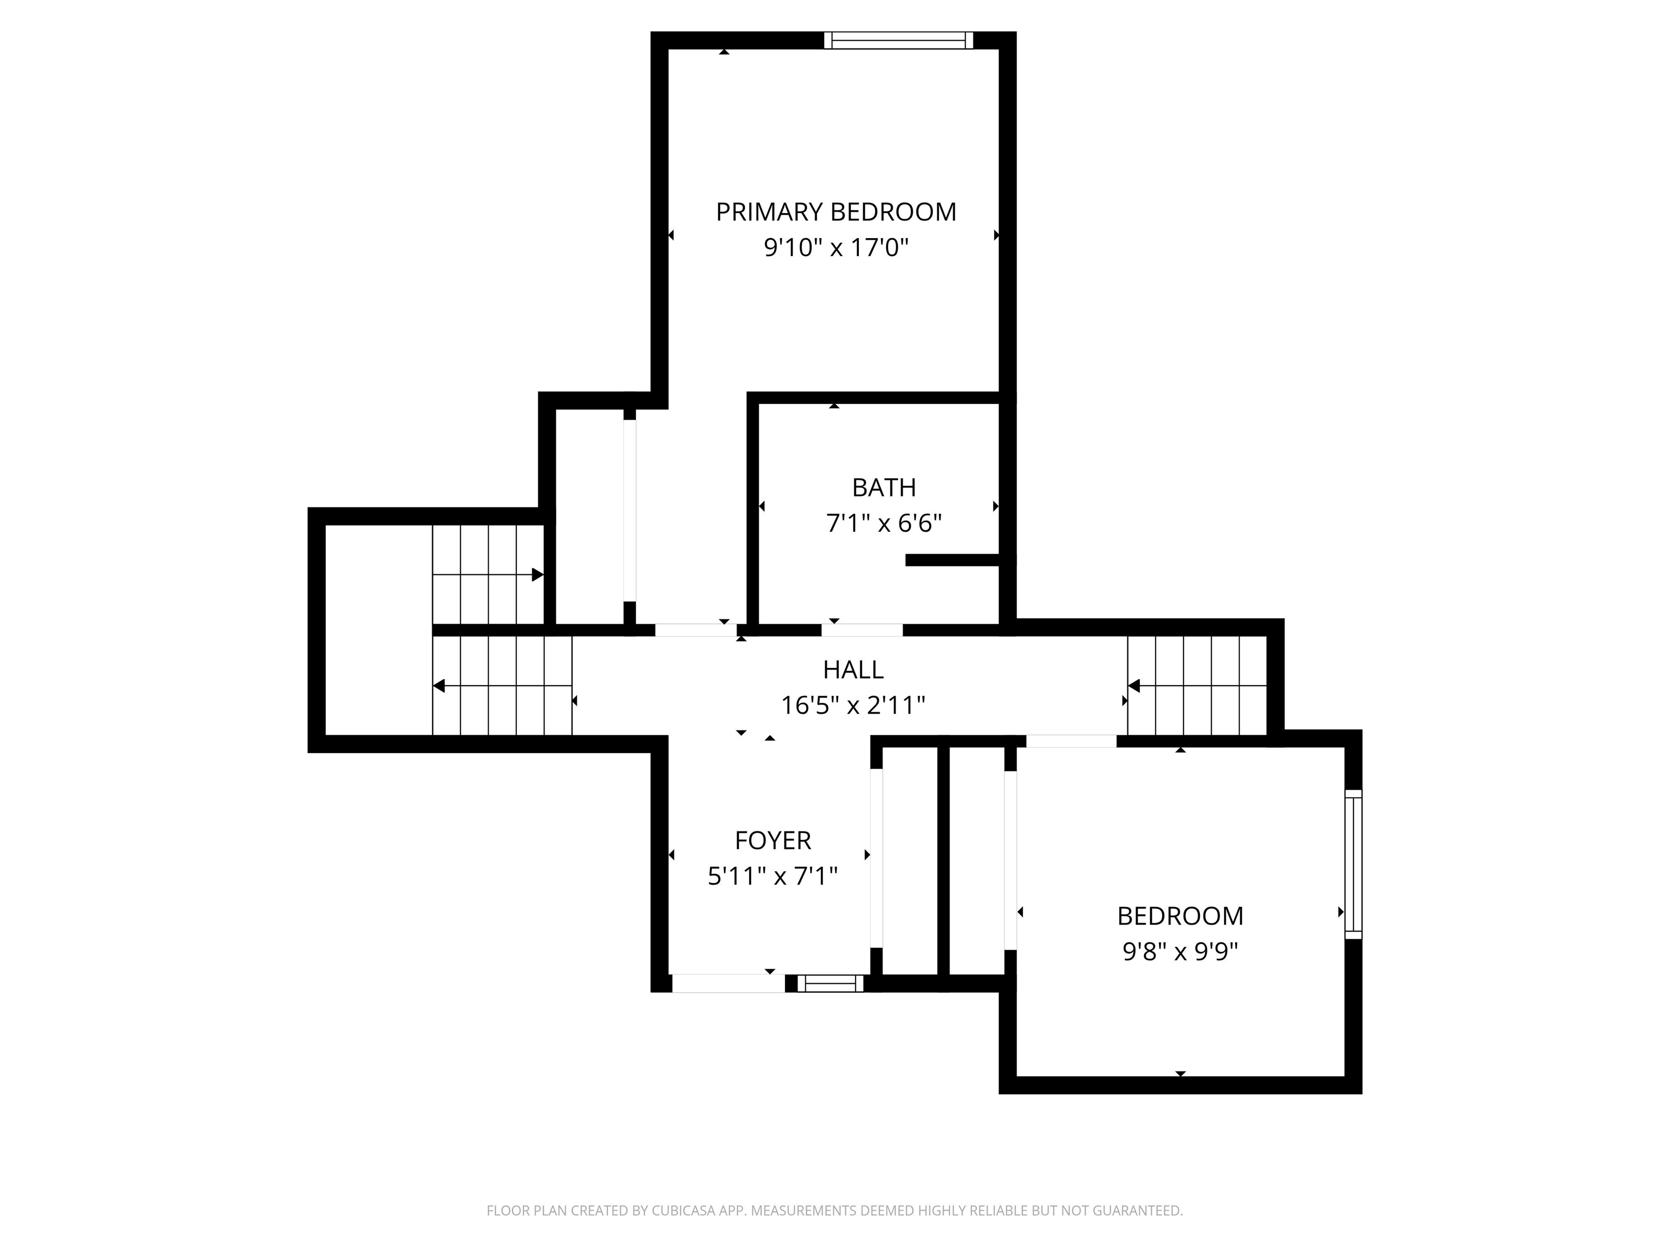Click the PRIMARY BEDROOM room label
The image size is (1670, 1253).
point(836,212)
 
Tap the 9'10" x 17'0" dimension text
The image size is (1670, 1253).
point(836,248)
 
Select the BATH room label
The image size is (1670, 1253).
point(883,488)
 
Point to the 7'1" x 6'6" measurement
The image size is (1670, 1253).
point(883,523)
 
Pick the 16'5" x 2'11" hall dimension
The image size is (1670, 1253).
point(852,705)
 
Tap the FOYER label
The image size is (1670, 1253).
point(772,841)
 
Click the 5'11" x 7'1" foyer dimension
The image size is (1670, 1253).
point(772,876)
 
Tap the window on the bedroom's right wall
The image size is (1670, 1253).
point(1353,864)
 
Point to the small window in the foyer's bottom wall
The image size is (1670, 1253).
point(830,983)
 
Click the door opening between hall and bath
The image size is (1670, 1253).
point(862,630)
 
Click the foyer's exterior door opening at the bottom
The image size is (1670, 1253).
point(728,983)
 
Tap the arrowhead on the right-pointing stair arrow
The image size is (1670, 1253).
point(538,575)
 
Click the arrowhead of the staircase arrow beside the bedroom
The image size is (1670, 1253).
point(1133,686)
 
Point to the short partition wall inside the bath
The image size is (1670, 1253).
point(953,560)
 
